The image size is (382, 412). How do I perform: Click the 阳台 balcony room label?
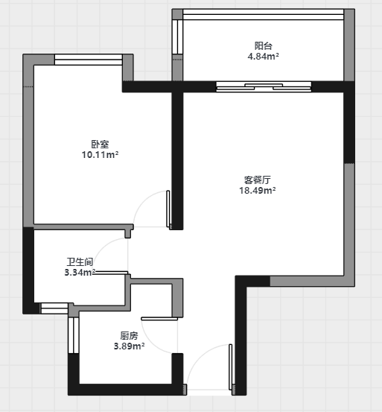click(x=264, y=45)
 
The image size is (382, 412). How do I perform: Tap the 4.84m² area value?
click(x=264, y=56)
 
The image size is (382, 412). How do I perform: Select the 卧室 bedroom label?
click(x=100, y=145)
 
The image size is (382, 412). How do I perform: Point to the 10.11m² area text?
click(x=100, y=154)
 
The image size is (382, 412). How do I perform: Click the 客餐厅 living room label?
click(x=258, y=180)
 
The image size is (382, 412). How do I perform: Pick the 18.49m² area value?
click(x=258, y=190)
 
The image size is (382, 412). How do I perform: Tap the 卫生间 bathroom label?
click(x=80, y=262)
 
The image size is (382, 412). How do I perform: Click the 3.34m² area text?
click(x=80, y=272)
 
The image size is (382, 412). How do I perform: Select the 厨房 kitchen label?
click(x=129, y=336)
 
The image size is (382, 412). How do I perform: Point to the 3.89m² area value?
click(x=129, y=346)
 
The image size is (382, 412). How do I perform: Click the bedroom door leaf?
click(x=168, y=209)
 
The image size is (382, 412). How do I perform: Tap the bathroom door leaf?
click(x=110, y=273)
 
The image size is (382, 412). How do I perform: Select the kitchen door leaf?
click(x=159, y=319)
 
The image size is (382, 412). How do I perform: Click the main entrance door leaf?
click(x=231, y=367)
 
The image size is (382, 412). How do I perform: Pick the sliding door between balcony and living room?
click(x=264, y=86)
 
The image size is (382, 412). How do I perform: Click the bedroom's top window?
click(x=89, y=60)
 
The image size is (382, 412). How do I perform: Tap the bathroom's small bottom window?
click(x=54, y=308)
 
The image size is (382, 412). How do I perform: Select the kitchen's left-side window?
click(x=74, y=335)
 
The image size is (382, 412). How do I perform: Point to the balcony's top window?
click(x=264, y=14)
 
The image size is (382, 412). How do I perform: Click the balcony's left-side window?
click(x=177, y=37)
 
